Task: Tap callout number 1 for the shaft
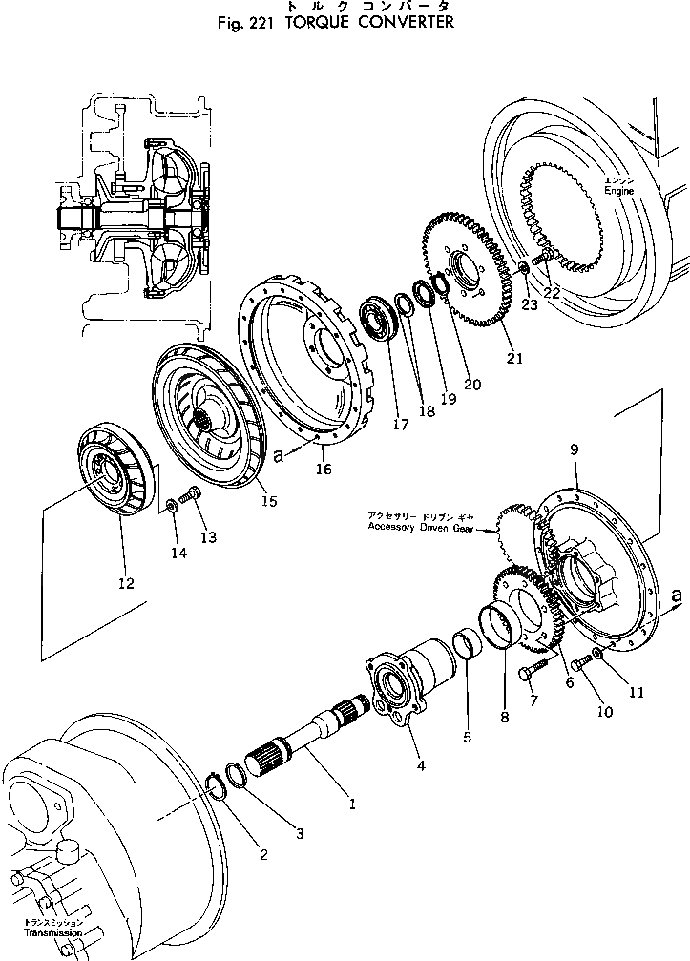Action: tap(352, 804)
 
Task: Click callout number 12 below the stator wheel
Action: tap(125, 582)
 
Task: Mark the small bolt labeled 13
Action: tap(188, 495)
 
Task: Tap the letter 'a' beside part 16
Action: tap(279, 457)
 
